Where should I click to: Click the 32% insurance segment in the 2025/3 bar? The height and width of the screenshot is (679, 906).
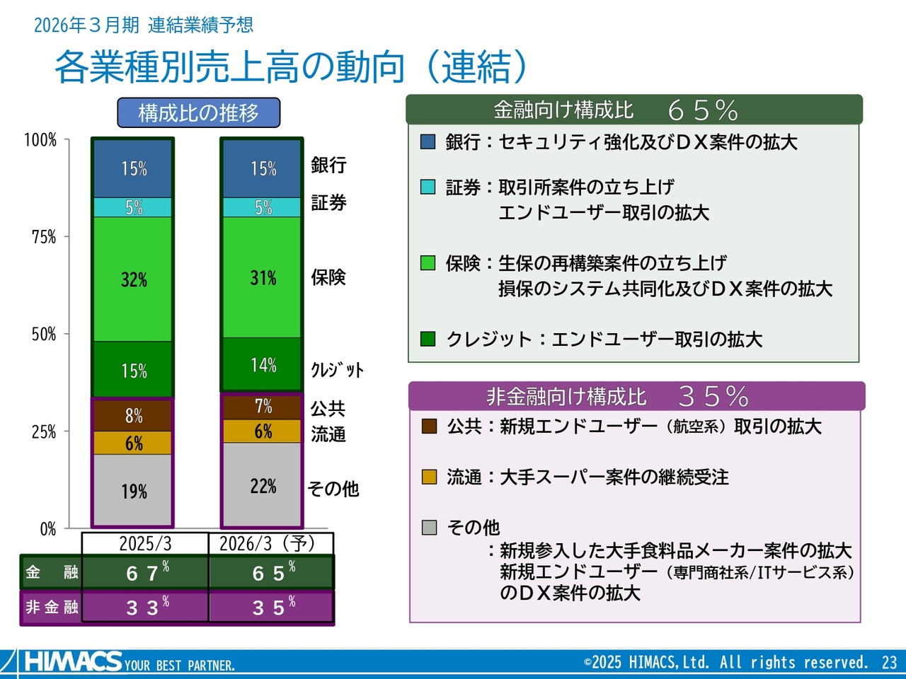[x=133, y=279]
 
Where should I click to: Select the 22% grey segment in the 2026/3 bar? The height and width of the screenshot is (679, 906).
[x=263, y=485]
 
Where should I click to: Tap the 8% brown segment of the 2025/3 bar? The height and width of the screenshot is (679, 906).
[x=133, y=415]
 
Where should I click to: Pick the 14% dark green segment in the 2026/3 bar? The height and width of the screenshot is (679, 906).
[x=263, y=365]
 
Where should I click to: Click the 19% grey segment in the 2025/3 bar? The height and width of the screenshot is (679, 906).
[x=133, y=491]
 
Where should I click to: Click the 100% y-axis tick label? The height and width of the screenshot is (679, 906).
[x=40, y=140]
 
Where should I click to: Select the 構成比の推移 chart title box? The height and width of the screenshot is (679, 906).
[x=198, y=112]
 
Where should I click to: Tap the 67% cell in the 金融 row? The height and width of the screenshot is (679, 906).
[x=146, y=572]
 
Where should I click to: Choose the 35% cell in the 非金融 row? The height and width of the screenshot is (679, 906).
[x=272, y=607]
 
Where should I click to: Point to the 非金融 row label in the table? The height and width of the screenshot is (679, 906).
[x=51, y=607]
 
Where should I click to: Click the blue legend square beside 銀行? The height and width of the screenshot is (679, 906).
[x=428, y=141]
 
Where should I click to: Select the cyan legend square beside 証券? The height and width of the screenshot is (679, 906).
[x=428, y=187]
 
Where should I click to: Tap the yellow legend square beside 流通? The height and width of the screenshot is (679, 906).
[x=429, y=477]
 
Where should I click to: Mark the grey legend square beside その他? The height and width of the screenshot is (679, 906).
[x=429, y=527]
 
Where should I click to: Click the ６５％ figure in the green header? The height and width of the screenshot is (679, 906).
[x=703, y=110]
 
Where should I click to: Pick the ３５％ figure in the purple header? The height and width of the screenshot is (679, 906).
[x=713, y=396]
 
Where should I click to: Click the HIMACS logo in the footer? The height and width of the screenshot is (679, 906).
[x=73, y=662]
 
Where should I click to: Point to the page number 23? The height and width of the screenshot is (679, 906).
[x=889, y=663]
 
